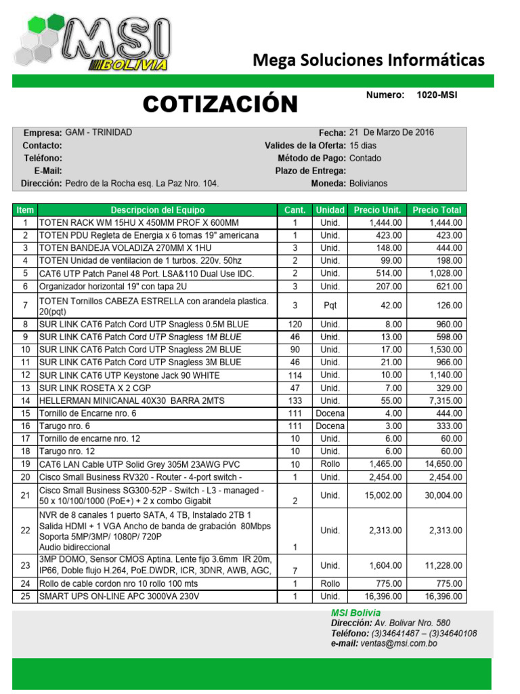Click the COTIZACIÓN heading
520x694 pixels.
[220, 104]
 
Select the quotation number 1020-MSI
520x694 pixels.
[437, 95]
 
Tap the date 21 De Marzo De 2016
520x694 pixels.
[391, 132]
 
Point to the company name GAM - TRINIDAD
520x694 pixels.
[99, 132]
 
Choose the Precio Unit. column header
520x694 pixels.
[377, 210]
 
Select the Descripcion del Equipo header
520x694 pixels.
[157, 210]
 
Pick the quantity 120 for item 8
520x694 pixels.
[295, 324]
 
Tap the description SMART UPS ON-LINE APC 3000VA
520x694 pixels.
[119, 596]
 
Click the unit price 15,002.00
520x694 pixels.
[384, 495]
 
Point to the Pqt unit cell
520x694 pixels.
[330, 305]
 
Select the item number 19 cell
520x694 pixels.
[25, 464]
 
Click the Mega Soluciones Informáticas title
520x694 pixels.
[368, 60]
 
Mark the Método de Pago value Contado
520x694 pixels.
[365, 158]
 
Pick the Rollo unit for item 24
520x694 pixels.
[330, 584]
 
